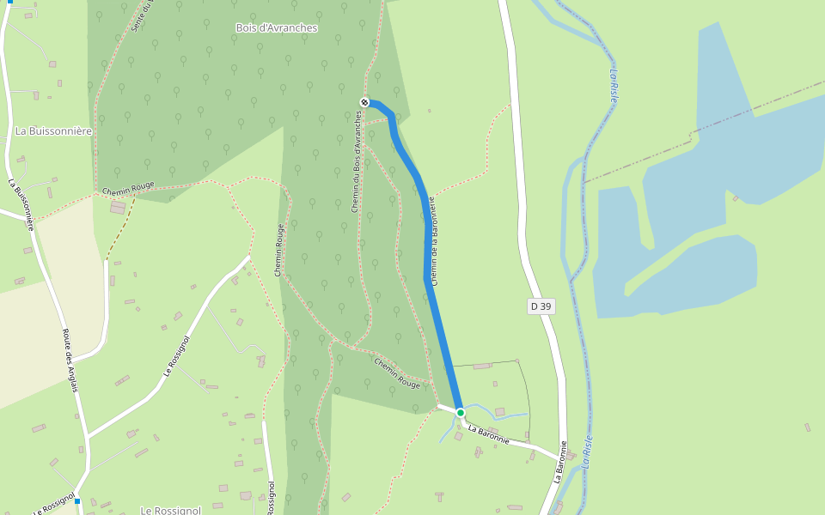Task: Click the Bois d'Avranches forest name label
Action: click(x=277, y=28)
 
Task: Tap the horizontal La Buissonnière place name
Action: click(x=53, y=131)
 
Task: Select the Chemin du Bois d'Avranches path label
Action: click(x=357, y=163)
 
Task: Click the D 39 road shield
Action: click(x=541, y=306)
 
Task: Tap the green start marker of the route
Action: click(x=461, y=413)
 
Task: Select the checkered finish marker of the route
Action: click(x=364, y=103)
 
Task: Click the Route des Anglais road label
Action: click(x=70, y=360)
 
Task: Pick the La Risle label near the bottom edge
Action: click(x=588, y=450)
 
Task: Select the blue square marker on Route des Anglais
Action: click(x=76, y=501)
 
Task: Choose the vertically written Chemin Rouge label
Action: click(x=278, y=251)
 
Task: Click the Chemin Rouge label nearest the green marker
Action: click(x=397, y=373)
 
